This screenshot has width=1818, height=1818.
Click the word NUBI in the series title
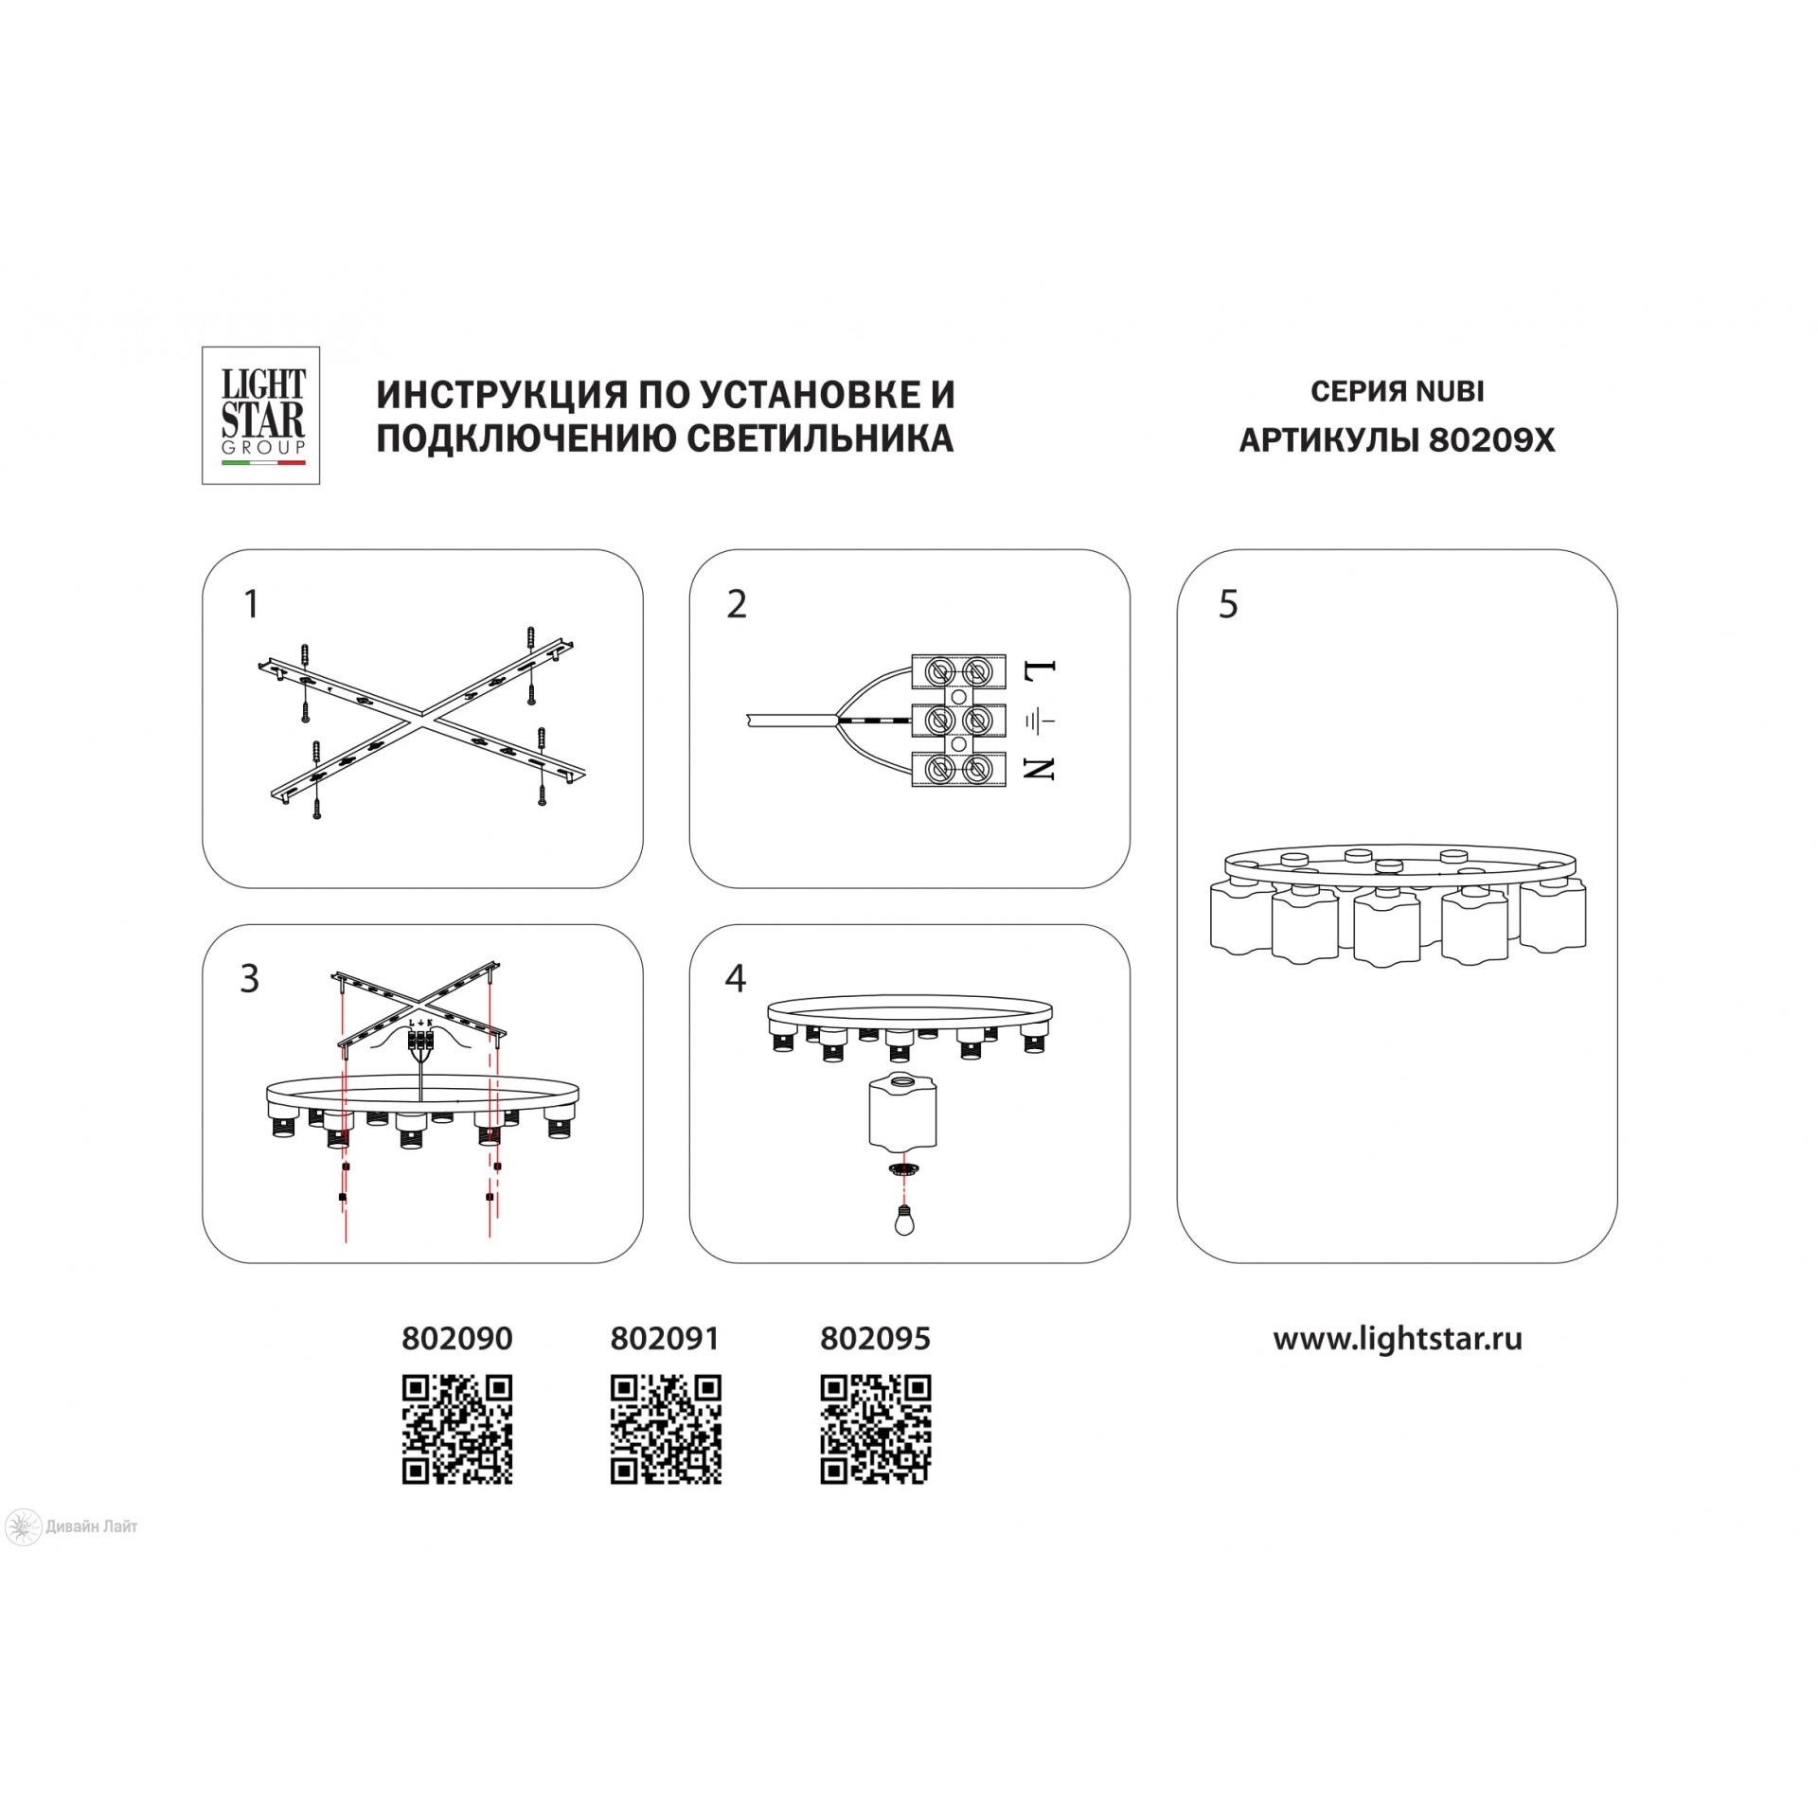pos(1450,391)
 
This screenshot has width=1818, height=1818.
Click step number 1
pos(251,604)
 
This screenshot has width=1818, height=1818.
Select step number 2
pos(737,604)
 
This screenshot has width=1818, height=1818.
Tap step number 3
pos(250,979)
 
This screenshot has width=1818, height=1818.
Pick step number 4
pos(736,979)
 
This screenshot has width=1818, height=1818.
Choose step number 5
pos(1228,604)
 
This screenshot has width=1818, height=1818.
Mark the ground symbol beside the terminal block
pos(1039,722)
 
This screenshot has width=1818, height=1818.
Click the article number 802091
pos(666,1338)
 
